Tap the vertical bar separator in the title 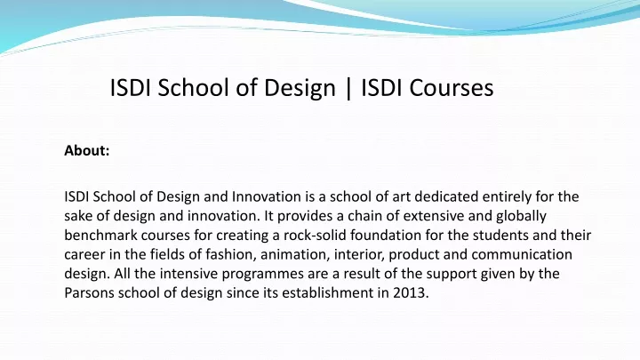(348, 88)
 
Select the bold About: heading (87, 150)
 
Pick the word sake (78, 215)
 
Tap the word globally (521, 217)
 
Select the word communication (522, 254)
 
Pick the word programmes (262, 275)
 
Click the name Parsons (89, 292)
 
